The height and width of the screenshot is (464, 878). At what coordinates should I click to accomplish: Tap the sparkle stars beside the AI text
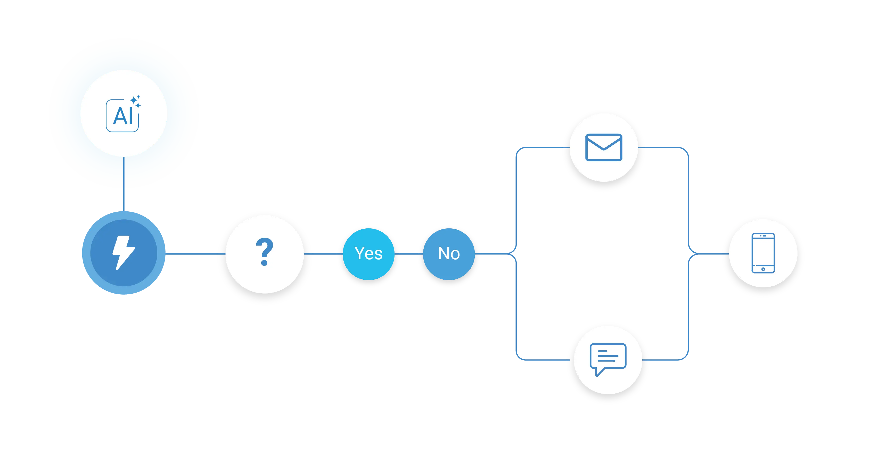pos(136,101)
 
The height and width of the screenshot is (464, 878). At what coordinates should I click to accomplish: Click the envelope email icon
pos(604,147)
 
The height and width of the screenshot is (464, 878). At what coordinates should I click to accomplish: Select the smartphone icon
pos(763,253)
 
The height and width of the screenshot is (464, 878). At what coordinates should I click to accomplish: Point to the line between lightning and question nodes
pos(193,253)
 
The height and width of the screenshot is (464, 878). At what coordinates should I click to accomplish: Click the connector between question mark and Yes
pos(323,253)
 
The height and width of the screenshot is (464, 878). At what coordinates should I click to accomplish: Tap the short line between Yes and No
pos(409,253)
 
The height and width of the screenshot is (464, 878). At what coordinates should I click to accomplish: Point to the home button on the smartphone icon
pos(763,269)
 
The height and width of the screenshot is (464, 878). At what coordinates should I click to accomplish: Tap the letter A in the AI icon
pos(119,117)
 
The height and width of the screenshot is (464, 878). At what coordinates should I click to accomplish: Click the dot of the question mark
pos(264,263)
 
